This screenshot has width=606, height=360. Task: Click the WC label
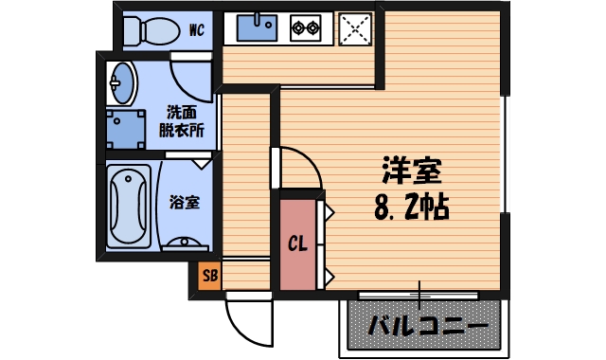(x=196, y=29)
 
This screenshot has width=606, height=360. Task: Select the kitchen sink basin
(x=255, y=28)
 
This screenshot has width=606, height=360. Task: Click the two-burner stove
(x=306, y=28)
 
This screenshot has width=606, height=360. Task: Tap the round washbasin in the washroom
(x=121, y=83)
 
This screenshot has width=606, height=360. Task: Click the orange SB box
(x=209, y=277)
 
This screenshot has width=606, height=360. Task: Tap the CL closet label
(x=297, y=243)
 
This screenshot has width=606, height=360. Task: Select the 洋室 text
(x=412, y=171)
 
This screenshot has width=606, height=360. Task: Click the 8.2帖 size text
(x=412, y=206)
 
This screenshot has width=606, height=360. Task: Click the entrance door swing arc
(x=248, y=322)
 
